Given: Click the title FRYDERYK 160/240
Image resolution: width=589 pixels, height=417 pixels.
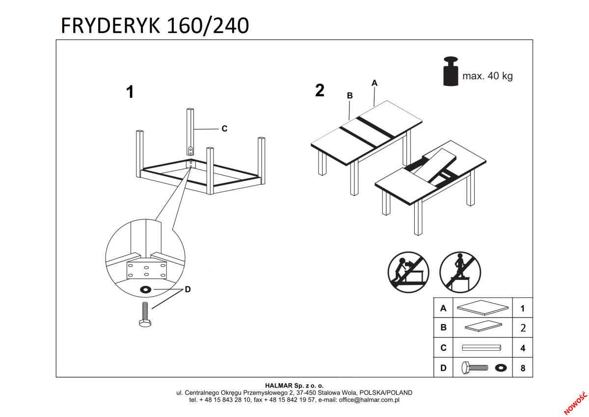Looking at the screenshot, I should [x=155, y=26].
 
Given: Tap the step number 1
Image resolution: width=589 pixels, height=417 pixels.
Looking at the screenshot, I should [x=130, y=92].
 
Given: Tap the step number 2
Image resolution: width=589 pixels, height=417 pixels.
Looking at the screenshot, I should [x=320, y=90].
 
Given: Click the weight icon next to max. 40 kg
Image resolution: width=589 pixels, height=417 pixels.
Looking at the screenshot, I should [x=450, y=72].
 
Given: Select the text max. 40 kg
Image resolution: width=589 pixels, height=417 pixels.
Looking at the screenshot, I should [x=487, y=76].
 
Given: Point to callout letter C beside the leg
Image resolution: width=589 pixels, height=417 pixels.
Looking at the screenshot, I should [x=224, y=129].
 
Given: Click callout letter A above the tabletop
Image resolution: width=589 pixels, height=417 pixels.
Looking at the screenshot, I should [x=375, y=83].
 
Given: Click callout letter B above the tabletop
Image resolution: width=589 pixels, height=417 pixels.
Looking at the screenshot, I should [x=349, y=96].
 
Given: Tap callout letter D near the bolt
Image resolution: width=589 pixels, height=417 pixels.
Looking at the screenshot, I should [x=187, y=290].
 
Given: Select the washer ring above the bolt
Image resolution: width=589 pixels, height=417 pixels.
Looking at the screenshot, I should [x=146, y=289].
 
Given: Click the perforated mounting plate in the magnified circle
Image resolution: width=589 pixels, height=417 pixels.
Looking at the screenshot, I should [x=146, y=269].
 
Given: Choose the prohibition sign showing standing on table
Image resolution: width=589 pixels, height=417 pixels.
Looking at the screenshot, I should [x=460, y=272].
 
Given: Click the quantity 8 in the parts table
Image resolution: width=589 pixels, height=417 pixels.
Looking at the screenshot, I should [x=523, y=368].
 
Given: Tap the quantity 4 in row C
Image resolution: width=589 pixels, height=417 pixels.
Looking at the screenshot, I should [x=523, y=348].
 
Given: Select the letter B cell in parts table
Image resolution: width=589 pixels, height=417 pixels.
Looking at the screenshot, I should [x=443, y=328].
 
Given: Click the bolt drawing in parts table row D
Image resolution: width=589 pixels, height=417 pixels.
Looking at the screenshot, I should [x=474, y=367].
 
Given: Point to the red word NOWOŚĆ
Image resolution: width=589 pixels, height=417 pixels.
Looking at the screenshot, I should [x=575, y=402].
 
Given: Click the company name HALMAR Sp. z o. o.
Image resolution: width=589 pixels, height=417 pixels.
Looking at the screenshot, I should [x=294, y=386].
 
